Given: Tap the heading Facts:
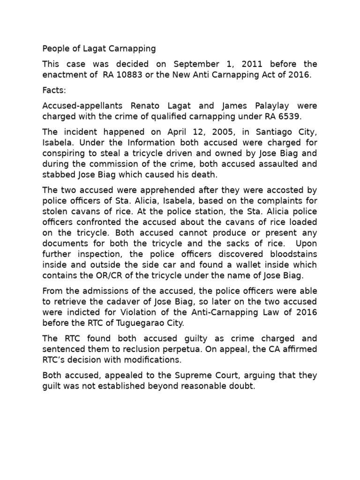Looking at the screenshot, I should point(54,94).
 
